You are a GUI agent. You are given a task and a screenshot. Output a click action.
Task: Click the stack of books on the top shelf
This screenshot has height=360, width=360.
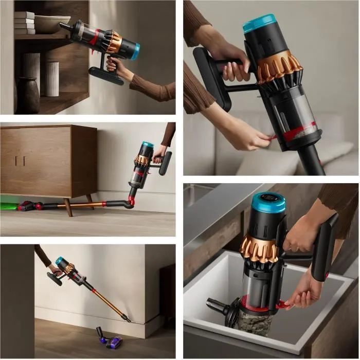point(24,23)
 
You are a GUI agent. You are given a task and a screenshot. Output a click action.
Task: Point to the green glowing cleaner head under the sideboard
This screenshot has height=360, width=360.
point(9,206)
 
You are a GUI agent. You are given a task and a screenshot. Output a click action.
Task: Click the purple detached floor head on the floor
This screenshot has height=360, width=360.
point(110,339)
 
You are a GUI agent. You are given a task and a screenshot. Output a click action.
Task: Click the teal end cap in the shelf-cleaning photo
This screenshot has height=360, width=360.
point(135,51)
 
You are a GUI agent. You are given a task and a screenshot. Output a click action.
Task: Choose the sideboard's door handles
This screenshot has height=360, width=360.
point(20,160)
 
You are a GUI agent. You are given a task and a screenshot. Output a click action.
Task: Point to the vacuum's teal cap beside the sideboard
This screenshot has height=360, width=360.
point(148,145)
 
